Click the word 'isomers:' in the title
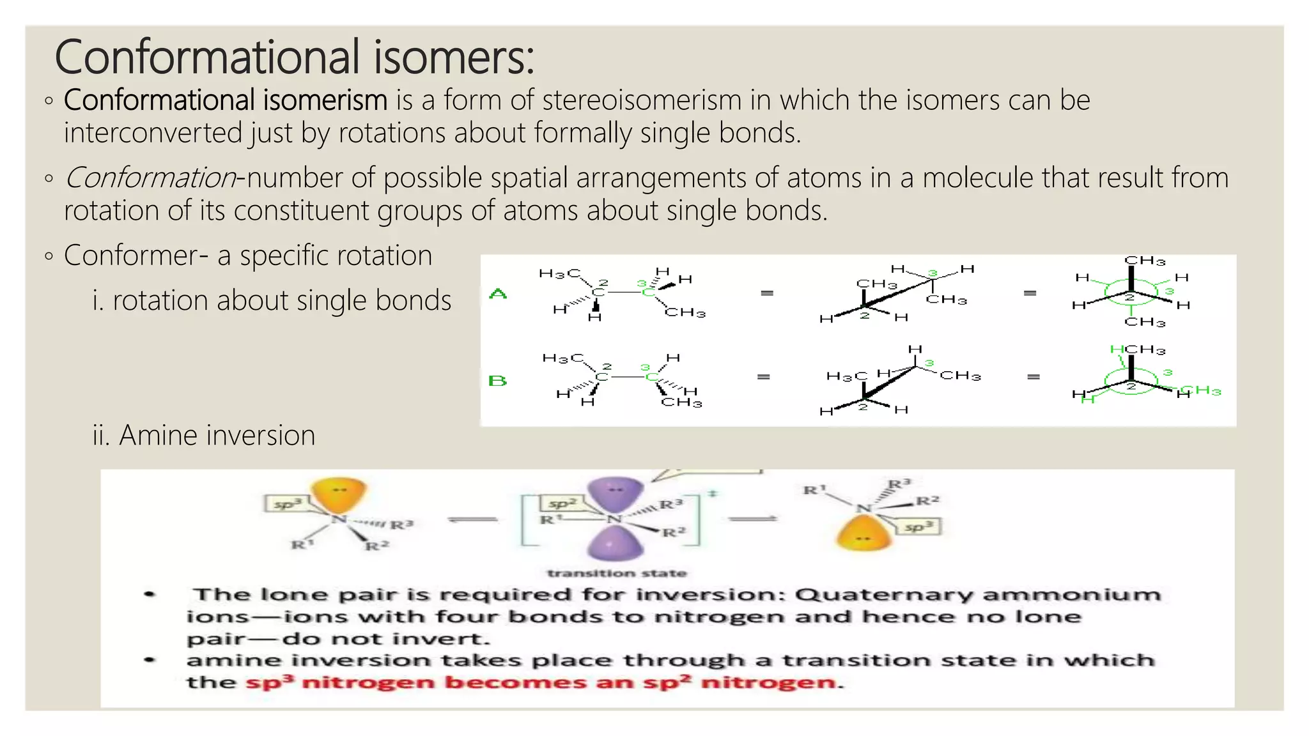click(x=453, y=57)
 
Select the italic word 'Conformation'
click(x=151, y=178)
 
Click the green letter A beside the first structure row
click(x=498, y=294)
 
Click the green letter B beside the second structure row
click(x=497, y=381)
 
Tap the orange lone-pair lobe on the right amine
click(x=864, y=533)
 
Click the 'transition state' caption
click(x=616, y=573)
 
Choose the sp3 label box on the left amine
click(x=284, y=504)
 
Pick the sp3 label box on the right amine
click(x=918, y=527)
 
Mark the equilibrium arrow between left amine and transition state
click(x=473, y=519)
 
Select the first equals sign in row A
click(x=767, y=293)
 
